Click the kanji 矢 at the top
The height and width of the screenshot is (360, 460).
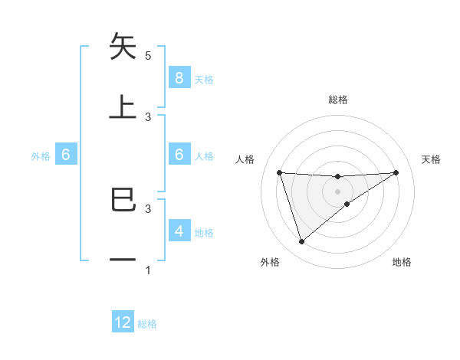123,47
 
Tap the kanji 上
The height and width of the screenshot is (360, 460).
123,106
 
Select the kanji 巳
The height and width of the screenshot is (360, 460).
123,200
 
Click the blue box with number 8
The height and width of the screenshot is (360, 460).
179,78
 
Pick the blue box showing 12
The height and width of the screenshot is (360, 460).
123,322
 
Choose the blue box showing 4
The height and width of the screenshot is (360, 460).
179,231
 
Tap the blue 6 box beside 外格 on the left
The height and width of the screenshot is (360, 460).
66,155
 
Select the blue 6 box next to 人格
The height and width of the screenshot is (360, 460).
179,155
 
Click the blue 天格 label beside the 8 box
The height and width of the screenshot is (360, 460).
204,80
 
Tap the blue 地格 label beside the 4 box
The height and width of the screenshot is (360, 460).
204,232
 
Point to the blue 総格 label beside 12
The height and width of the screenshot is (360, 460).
147,324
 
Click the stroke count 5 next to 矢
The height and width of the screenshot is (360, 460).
148,56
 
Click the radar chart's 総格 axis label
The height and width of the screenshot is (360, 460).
338,100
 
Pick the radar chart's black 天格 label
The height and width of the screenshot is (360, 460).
431,159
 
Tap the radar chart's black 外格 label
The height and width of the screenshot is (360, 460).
270,263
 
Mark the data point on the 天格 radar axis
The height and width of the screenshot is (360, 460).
396,172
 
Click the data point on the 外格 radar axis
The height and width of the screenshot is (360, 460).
301,242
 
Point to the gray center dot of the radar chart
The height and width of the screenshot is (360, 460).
338,191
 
